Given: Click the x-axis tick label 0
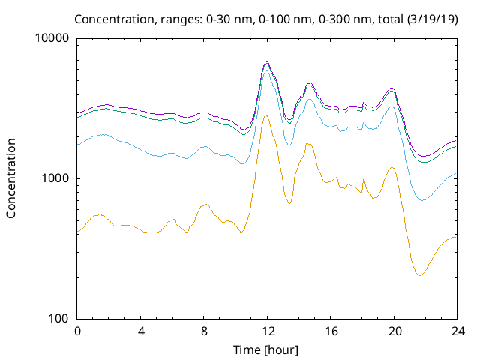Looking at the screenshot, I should click(x=77, y=331).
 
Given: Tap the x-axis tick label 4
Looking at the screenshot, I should click(x=141, y=331).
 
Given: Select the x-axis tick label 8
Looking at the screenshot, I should click(x=204, y=331).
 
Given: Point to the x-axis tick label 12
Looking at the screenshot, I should click(x=267, y=331).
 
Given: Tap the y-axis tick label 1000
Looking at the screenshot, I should click(x=57, y=178).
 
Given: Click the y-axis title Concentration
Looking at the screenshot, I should click(x=11, y=178).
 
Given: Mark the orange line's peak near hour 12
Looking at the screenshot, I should click(x=266, y=115).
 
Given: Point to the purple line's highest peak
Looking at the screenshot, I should click(x=267, y=61).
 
